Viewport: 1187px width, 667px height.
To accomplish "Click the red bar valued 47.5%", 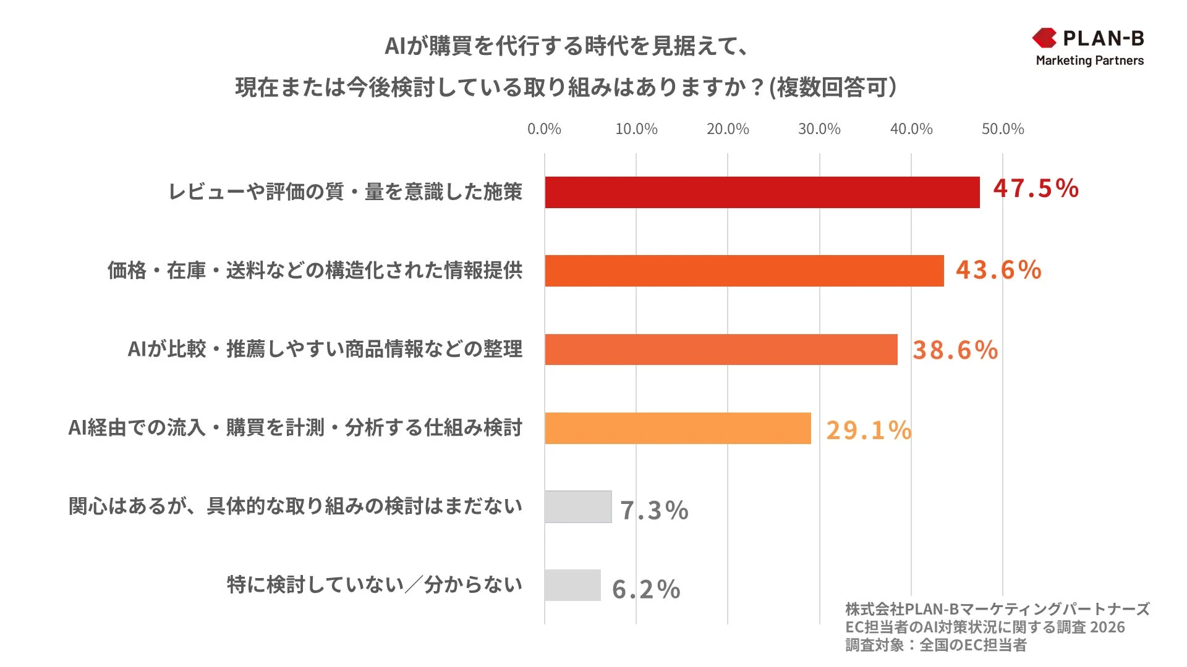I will [x=762, y=192].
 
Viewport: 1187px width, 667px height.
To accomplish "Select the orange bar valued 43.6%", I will [x=744, y=271].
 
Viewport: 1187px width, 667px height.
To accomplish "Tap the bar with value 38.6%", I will [x=721, y=350].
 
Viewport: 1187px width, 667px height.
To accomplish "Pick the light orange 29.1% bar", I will [x=678, y=428].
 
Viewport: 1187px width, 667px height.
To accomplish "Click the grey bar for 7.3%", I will [x=578, y=506].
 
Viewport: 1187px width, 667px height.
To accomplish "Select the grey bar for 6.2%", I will [x=572, y=585].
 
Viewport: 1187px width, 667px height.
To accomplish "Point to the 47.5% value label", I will [x=1036, y=188].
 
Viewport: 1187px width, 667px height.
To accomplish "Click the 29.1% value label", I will [x=869, y=430].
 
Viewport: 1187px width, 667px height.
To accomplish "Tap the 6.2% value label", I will [x=646, y=589].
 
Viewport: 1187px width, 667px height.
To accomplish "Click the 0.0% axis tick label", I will [x=544, y=129].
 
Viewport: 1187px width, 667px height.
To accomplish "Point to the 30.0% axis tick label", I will [x=819, y=129].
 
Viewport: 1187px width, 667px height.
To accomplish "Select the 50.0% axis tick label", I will [x=1002, y=129].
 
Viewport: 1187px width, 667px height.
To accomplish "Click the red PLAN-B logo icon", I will [x=1044, y=38].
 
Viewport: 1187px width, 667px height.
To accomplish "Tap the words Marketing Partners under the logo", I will [x=1089, y=61].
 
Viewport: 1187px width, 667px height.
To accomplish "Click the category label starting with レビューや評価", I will [x=346, y=192].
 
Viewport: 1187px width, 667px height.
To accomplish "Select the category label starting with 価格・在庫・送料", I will [x=315, y=271].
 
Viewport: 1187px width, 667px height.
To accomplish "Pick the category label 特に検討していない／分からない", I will [x=374, y=584].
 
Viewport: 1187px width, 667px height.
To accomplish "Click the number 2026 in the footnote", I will [x=1107, y=627].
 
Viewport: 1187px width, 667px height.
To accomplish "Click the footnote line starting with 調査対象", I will [x=935, y=645].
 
